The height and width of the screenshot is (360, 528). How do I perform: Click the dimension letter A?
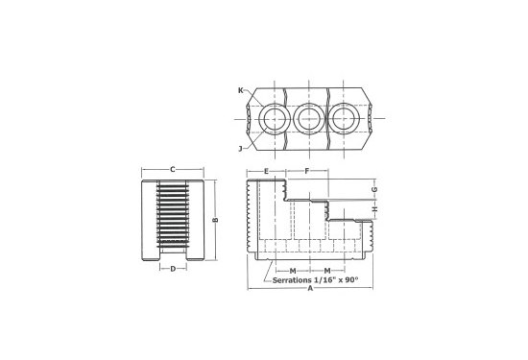coord(310,289)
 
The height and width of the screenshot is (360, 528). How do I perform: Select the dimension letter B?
coord(216,220)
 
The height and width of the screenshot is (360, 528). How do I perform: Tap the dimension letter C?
coord(173,169)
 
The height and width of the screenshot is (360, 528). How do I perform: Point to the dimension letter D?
coord(173,269)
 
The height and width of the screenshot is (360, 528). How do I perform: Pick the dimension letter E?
coord(266,172)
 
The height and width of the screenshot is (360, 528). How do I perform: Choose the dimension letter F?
coord(307,171)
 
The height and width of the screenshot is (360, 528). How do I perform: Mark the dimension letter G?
coord(374,189)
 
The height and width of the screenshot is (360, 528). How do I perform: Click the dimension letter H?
coord(375,209)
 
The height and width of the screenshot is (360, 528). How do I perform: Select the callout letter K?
coord(240,90)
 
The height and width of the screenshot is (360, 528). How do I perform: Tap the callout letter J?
coord(240,149)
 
